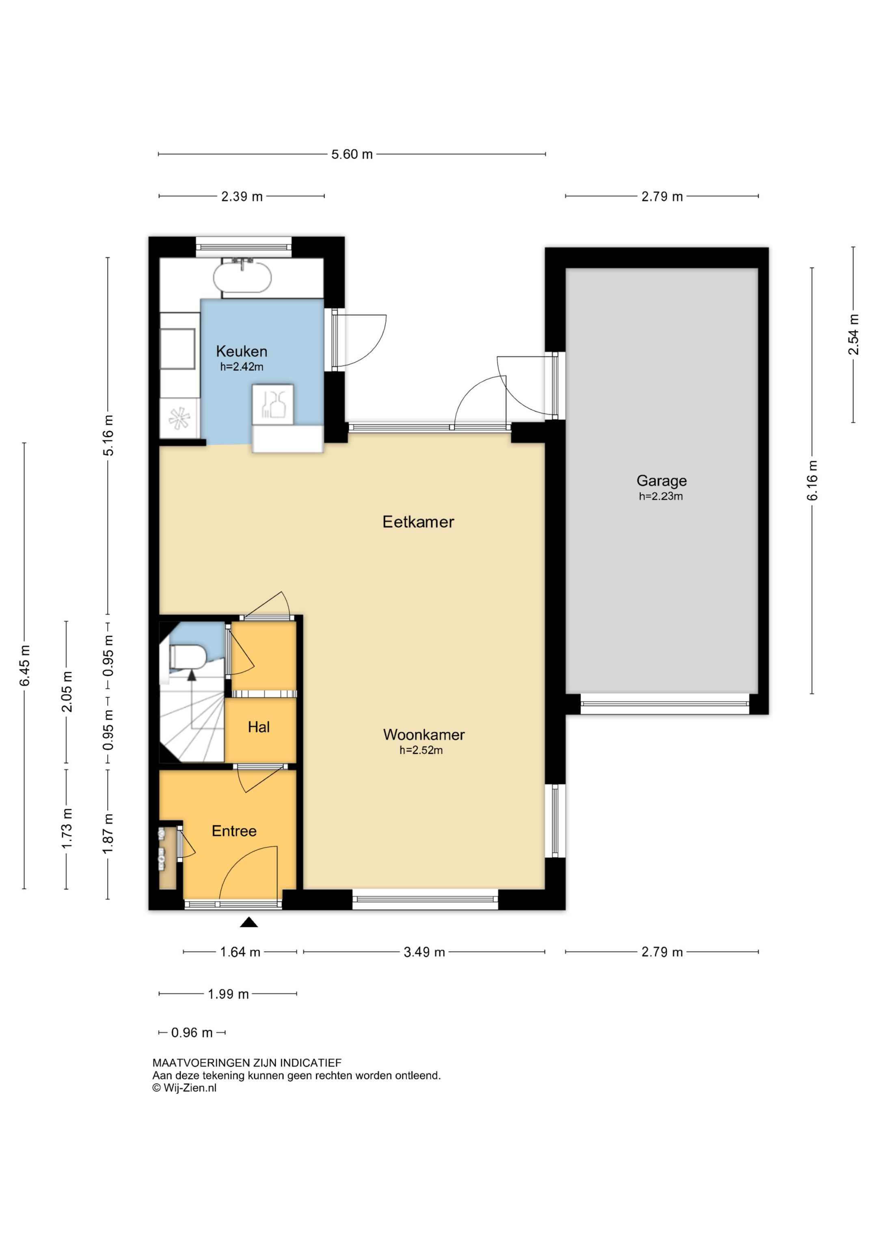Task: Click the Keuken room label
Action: click(x=242, y=352)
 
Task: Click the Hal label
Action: click(x=259, y=727)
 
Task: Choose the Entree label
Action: click(x=234, y=831)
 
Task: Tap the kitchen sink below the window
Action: click(x=242, y=277)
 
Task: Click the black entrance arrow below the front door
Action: click(x=248, y=922)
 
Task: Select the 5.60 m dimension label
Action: click(x=352, y=154)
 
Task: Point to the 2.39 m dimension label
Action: click(x=242, y=197)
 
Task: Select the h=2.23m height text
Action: click(x=661, y=496)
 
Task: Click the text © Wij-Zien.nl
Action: click(x=184, y=1088)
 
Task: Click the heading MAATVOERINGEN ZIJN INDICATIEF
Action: click(x=247, y=1063)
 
